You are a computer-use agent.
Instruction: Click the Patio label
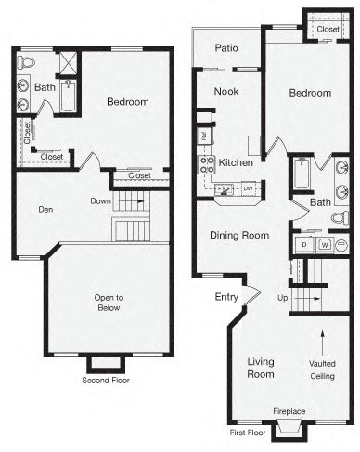pos(226,47)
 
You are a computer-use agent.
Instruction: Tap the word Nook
pos(226,91)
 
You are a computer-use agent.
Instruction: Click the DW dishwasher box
pos(248,189)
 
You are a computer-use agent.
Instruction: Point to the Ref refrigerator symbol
pos(203,136)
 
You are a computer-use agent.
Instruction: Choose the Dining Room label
pos(238,236)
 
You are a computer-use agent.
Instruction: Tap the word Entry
pos(226,297)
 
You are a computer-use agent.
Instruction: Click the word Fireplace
pos(289,411)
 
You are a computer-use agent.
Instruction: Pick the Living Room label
pos(262,368)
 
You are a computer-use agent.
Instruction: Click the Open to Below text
pos(109,303)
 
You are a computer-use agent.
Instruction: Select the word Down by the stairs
pos(101,200)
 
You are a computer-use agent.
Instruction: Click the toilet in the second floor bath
pos(25,62)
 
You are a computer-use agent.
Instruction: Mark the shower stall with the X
pos(67,62)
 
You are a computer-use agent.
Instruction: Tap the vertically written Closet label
pos(27,133)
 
